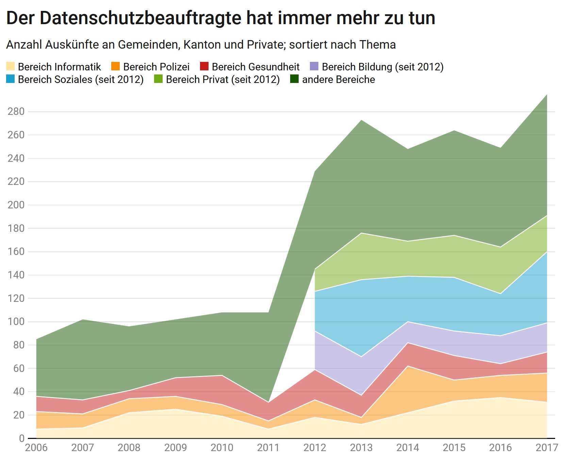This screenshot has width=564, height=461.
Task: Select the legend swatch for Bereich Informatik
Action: pyautogui.click(x=11, y=67)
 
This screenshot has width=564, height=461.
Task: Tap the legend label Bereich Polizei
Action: pyautogui.click(x=156, y=67)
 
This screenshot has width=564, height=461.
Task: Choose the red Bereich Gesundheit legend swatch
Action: pyautogui.click(x=204, y=67)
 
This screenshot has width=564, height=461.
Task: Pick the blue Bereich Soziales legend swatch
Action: pyautogui.click(x=11, y=80)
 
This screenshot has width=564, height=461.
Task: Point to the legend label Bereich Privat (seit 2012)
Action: pyautogui.click(x=223, y=80)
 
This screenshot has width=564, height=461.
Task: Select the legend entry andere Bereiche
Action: pyautogui.click(x=338, y=80)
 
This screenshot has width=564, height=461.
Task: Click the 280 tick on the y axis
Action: pyautogui.click(x=16, y=112)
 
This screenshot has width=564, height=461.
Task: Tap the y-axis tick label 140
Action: pyautogui.click(x=16, y=275)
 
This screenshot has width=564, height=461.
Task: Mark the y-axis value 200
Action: pyautogui.click(x=16, y=205)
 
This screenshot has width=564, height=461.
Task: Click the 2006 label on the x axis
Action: pyautogui.click(x=36, y=448)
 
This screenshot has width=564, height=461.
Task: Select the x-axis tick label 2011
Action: pyautogui.click(x=268, y=448)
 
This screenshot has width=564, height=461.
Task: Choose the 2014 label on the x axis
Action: pyautogui.click(x=408, y=448)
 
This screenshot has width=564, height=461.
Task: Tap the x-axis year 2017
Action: pyautogui.click(x=546, y=448)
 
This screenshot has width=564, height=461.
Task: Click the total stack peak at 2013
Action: pyautogui.click(x=361, y=120)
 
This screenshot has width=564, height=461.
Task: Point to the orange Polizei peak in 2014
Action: pyautogui.click(x=408, y=366)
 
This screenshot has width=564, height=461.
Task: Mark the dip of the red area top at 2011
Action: pyautogui.click(x=268, y=402)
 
